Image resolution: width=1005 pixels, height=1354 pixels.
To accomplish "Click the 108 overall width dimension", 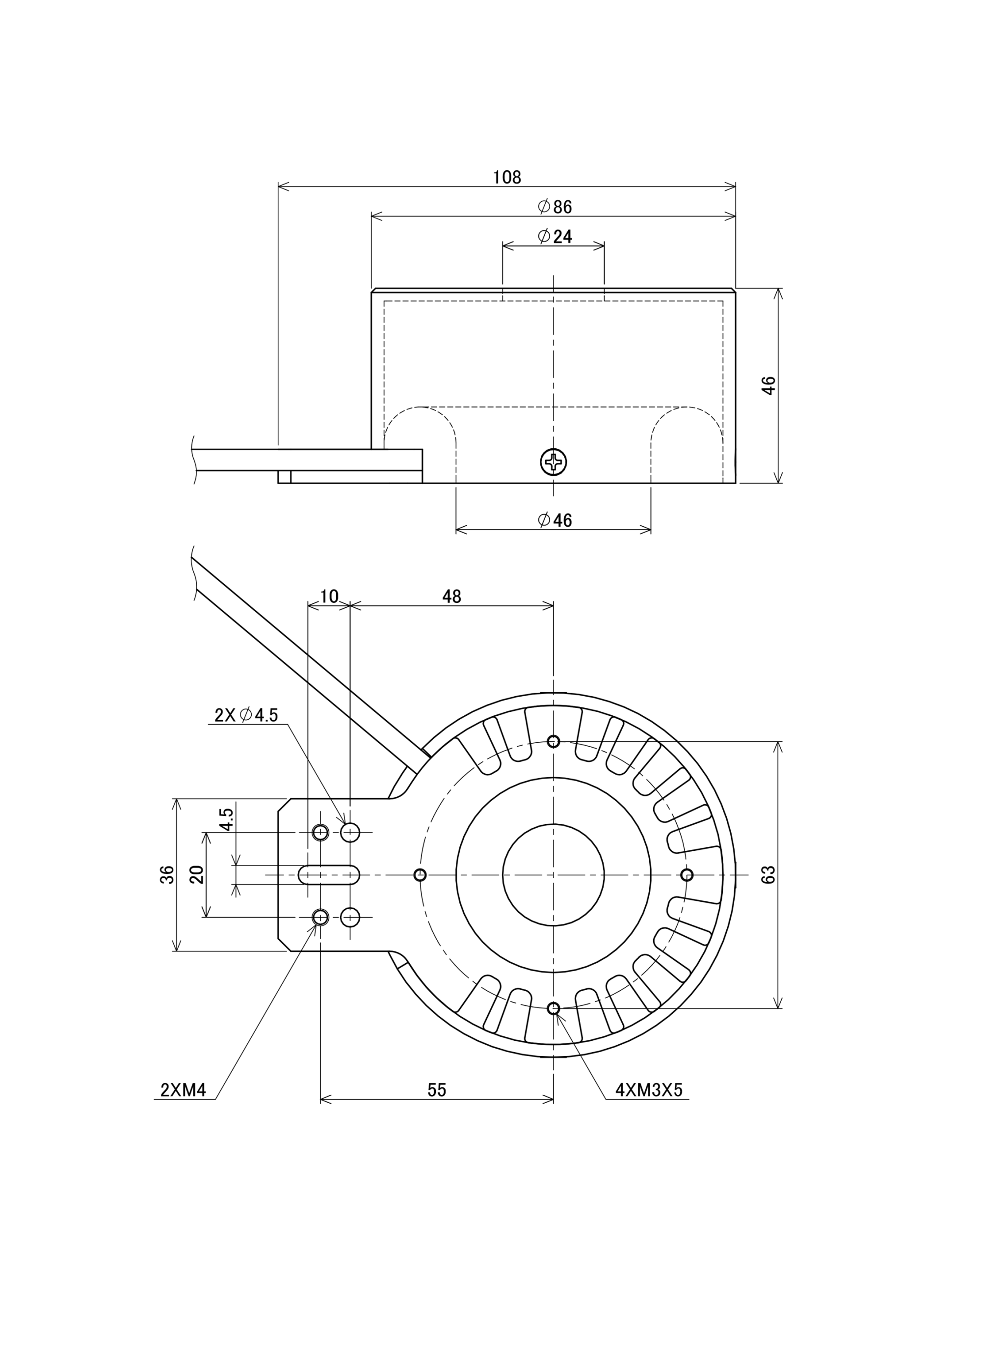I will [x=507, y=177].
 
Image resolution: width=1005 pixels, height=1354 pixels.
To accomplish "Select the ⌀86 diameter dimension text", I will [x=555, y=207].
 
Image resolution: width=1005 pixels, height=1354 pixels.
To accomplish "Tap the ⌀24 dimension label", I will [x=555, y=236].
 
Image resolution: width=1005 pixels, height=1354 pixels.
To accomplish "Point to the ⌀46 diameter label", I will [x=555, y=520].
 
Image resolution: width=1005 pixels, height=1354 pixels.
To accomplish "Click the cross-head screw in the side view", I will [x=553, y=463].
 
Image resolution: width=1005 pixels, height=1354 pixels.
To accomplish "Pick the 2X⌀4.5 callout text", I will [x=246, y=715].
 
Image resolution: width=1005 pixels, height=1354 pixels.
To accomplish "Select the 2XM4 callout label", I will [x=183, y=1090].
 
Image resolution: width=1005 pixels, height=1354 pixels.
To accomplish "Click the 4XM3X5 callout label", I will [x=649, y=1090].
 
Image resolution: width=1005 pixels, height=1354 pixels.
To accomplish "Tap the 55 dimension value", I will [x=437, y=1090].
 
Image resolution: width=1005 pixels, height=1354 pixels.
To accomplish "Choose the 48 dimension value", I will [x=451, y=597].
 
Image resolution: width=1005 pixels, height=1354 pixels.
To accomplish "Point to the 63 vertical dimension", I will [x=768, y=874].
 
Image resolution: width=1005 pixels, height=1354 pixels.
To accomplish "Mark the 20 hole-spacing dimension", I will [x=196, y=874].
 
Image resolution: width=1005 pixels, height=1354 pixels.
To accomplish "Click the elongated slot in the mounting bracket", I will [x=328, y=874].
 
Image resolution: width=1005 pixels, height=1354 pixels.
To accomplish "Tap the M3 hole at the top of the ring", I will [x=553, y=741].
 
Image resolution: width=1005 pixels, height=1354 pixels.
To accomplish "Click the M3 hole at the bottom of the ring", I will [x=553, y=1008].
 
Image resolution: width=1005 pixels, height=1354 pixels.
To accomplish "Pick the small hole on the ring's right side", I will [x=687, y=875].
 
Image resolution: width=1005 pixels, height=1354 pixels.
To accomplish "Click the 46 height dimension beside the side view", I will [x=768, y=385].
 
